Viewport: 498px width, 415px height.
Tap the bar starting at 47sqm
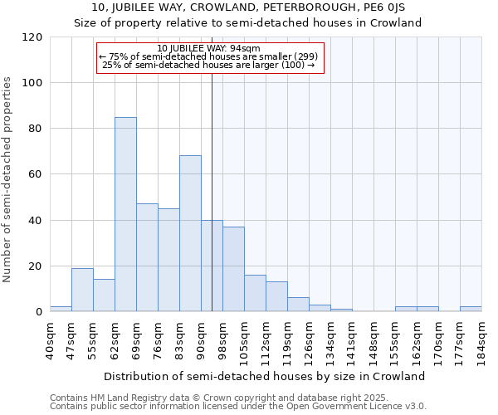[x=82, y=290]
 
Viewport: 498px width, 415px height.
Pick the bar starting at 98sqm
[x=233, y=269]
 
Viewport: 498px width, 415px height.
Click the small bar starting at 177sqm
[x=471, y=310]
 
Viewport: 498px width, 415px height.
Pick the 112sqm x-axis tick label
[x=266, y=340]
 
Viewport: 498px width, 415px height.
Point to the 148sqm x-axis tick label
[x=373, y=340]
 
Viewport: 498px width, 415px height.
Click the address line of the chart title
[x=248, y=7]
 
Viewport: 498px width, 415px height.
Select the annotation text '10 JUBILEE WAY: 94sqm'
[x=208, y=49]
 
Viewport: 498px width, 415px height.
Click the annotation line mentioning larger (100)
[x=208, y=66]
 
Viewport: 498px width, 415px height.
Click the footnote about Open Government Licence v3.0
[x=238, y=407]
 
